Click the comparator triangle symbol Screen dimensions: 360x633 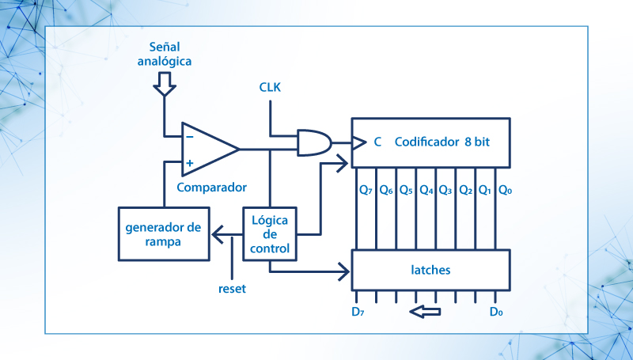pos(207,149)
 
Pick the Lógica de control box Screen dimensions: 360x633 pos(270,234)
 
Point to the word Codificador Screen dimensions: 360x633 pos(427,142)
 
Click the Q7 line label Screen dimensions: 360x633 pos(366,190)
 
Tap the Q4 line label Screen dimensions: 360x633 pos(426,190)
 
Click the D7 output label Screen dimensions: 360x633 pos(358,312)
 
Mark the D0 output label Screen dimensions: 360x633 pos(496,312)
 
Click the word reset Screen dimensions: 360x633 pos(232,289)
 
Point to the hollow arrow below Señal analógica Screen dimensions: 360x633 pos(164,83)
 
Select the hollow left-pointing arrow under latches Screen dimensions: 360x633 pos(425,313)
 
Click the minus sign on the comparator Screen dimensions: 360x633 pos(189,135)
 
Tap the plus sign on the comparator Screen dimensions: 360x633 pos(189,164)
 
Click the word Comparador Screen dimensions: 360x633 pos(211,188)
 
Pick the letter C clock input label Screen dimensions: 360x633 pos(377,142)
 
